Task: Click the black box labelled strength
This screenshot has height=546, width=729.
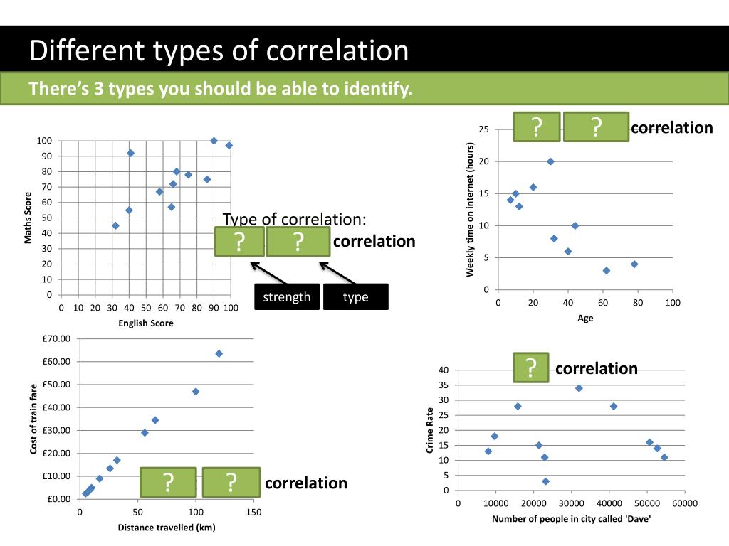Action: [x=287, y=296]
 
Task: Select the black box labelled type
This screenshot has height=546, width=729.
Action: [x=355, y=296]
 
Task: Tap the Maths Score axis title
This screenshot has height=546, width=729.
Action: [x=29, y=218]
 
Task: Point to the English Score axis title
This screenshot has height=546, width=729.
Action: [x=146, y=323]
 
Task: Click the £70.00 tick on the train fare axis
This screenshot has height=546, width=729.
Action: [x=56, y=338]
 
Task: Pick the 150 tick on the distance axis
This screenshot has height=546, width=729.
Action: [x=253, y=513]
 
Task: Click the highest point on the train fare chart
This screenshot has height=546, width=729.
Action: [x=219, y=353]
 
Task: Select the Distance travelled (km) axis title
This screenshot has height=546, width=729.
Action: [x=167, y=528]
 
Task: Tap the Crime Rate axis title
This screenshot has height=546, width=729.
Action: [x=430, y=431]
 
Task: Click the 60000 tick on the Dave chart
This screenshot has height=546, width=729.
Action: [x=684, y=504]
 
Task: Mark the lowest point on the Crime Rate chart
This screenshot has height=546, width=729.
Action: [x=545, y=481]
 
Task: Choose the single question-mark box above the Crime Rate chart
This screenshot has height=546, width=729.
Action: [x=530, y=368]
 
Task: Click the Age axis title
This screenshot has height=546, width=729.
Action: [x=585, y=318]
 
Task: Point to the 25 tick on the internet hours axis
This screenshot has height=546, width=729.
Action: [x=484, y=129]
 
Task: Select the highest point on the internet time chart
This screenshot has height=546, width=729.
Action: [x=550, y=161]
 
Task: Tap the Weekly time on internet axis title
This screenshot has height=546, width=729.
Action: [x=470, y=210]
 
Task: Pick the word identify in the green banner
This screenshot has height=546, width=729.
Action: [x=377, y=90]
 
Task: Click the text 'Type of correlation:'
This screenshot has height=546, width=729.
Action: [x=295, y=219]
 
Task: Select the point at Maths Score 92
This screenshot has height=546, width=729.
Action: [x=130, y=153]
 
